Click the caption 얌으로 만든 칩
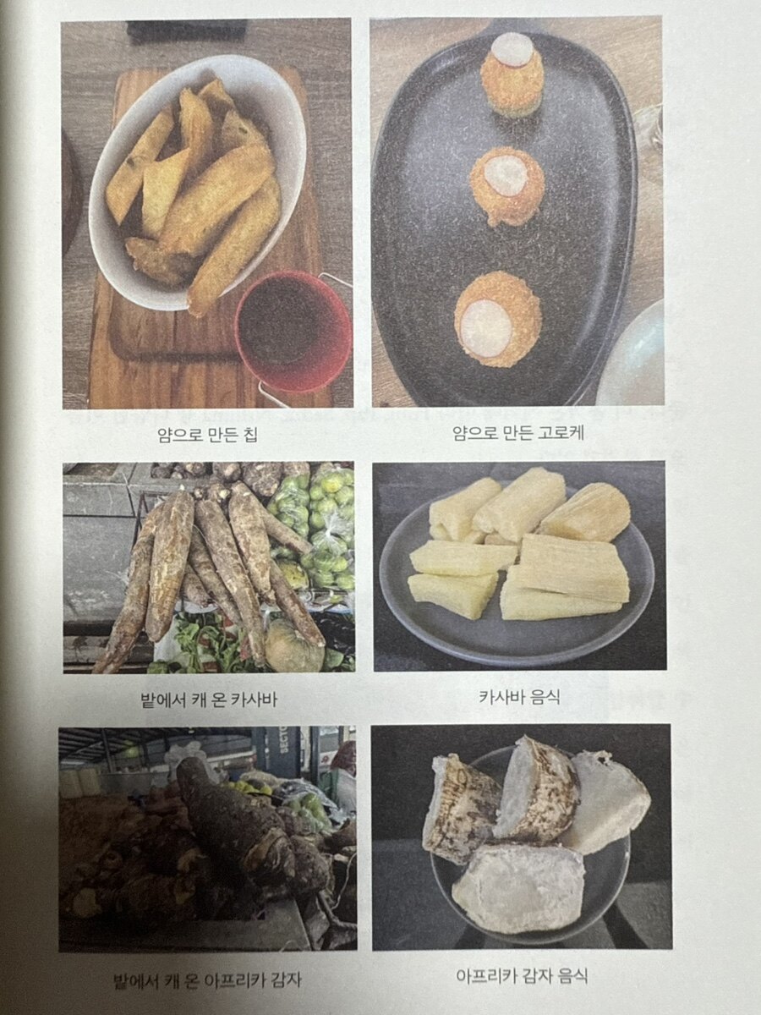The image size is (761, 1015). coord(207,435)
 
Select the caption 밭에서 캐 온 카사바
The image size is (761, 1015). coord(209,700)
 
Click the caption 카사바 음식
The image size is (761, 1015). coord(519,697)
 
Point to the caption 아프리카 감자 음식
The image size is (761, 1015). coord(522,976)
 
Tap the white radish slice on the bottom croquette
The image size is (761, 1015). coord(487,319)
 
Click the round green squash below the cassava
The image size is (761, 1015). coord(296,646)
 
